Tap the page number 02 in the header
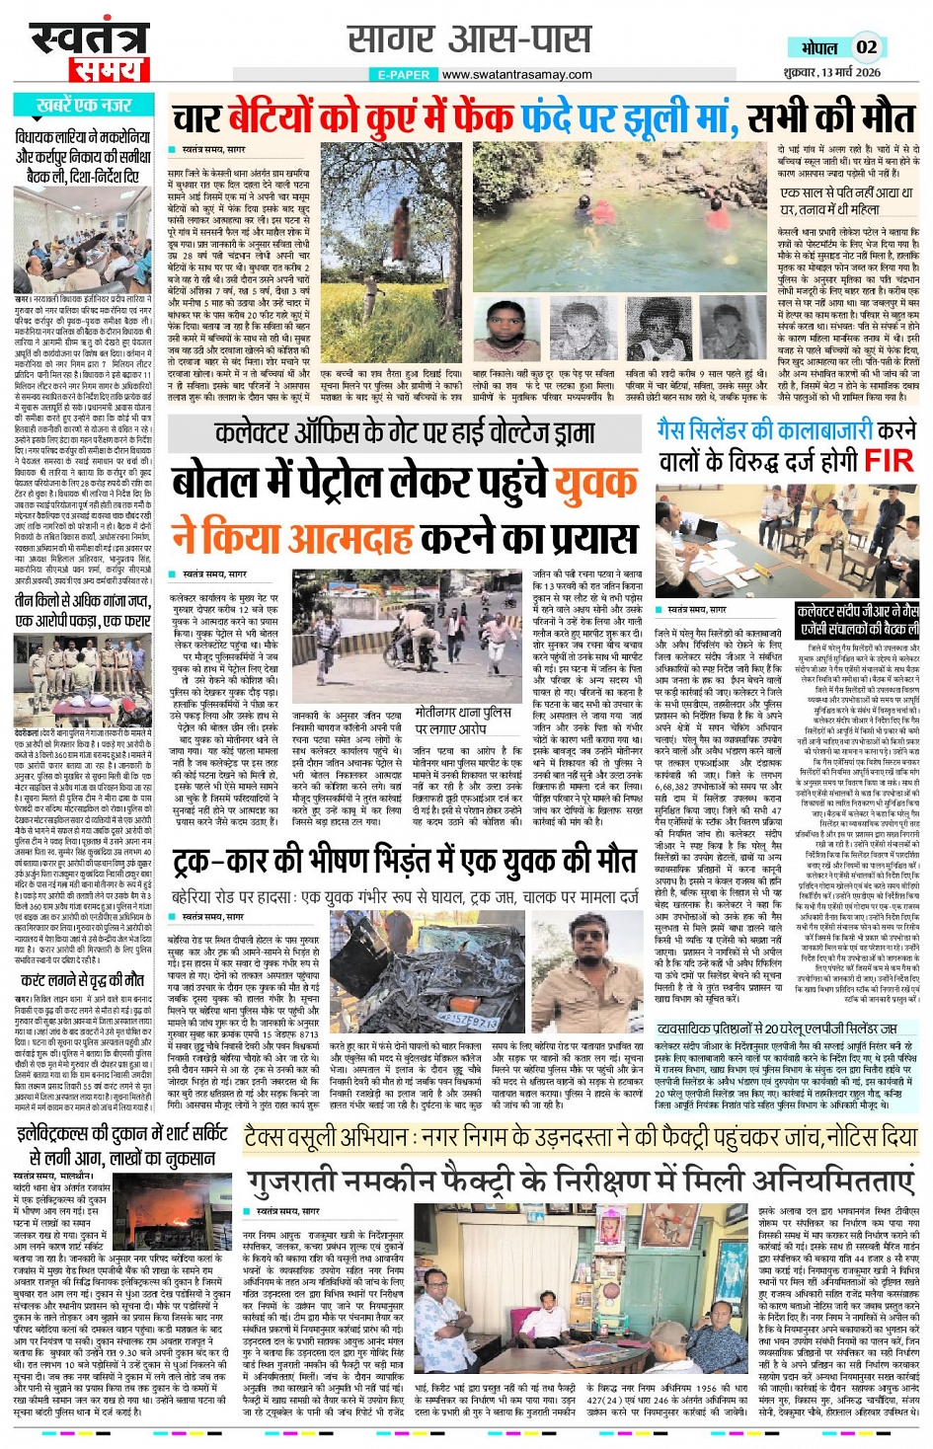[x=866, y=45]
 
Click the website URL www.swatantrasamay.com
[x=516, y=74]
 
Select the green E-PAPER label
[x=404, y=74]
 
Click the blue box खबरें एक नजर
[x=85, y=105]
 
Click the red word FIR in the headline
[x=888, y=460]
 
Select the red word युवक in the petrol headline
[x=594, y=484]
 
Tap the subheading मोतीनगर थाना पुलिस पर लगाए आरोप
[x=463, y=720]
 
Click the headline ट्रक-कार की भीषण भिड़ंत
[x=404, y=862]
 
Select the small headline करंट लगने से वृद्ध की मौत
[x=83, y=980]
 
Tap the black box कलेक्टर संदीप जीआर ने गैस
[x=857, y=621]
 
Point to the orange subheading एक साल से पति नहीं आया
[x=846, y=201]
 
